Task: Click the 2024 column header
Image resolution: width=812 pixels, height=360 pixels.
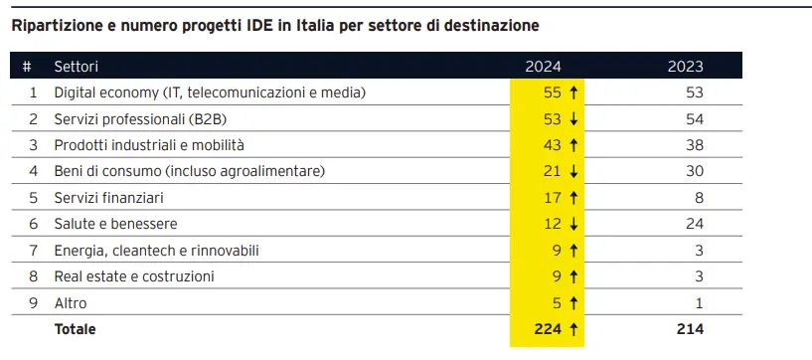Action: tap(543, 67)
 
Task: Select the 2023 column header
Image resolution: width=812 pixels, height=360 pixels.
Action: tap(685, 67)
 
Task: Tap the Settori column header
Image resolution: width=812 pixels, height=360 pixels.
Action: tap(77, 67)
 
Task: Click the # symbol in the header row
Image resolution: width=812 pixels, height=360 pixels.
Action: tap(27, 67)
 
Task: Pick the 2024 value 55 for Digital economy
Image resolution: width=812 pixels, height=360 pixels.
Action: tap(553, 92)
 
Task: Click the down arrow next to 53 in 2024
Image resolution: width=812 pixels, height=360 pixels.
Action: tap(574, 119)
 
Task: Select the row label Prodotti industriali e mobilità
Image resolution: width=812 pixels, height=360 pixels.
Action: tap(151, 145)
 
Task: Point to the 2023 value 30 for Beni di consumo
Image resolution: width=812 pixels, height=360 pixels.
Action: tap(694, 171)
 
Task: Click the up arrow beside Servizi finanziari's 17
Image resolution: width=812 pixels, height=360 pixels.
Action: tap(574, 198)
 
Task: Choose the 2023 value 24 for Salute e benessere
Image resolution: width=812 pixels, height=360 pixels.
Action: tap(694, 224)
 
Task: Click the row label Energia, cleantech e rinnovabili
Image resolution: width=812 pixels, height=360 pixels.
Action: tap(157, 250)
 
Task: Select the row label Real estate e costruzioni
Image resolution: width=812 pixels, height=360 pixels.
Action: tap(134, 276)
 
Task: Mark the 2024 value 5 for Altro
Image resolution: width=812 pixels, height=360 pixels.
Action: tap(558, 302)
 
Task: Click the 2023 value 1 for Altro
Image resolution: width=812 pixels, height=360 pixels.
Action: tap(699, 302)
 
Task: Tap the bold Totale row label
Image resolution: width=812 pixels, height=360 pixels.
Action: tap(76, 328)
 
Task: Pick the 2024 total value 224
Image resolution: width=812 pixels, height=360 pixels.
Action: tap(549, 328)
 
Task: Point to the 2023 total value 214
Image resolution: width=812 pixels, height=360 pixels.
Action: tap(690, 328)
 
